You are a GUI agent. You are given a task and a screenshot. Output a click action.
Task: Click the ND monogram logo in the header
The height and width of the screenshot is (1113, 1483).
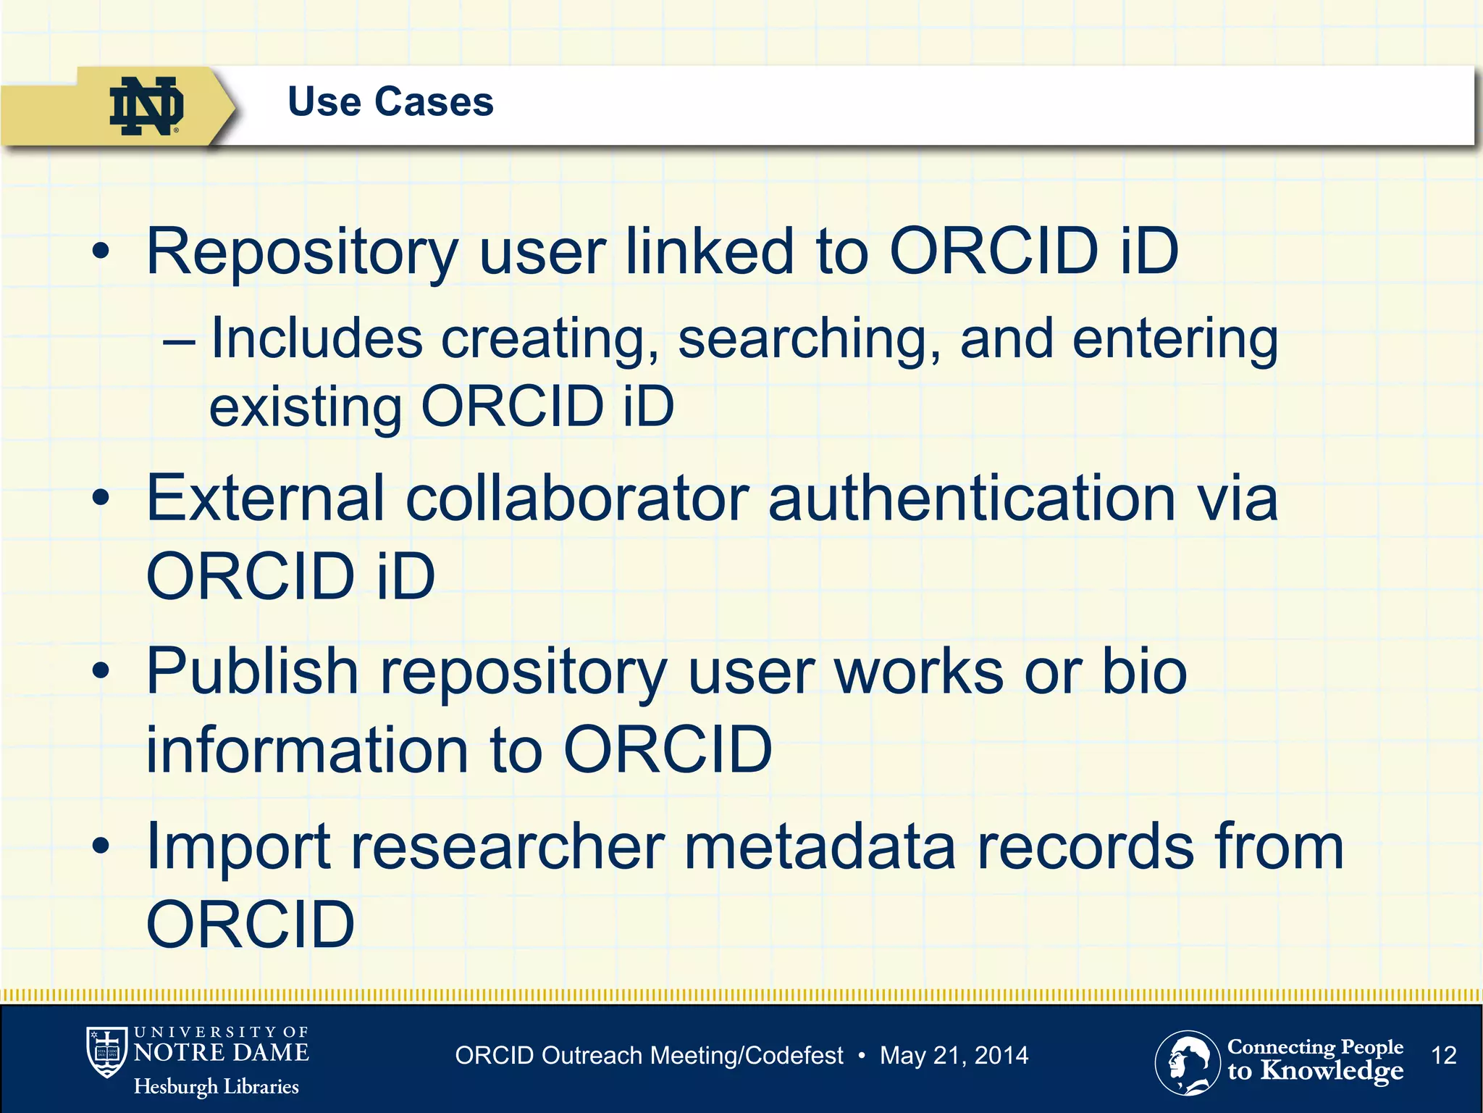[146, 106]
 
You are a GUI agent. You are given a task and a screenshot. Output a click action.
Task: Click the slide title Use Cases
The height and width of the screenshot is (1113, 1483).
[390, 101]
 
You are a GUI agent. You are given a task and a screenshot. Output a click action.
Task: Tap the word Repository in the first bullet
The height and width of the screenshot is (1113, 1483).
[302, 252]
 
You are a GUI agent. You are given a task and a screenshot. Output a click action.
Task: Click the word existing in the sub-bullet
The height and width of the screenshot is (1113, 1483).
[305, 407]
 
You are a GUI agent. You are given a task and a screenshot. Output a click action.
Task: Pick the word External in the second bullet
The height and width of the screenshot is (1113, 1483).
[265, 498]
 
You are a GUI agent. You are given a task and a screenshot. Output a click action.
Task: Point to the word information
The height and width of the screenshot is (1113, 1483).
[307, 749]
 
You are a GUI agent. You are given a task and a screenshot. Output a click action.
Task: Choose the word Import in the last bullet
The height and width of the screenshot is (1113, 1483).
[238, 848]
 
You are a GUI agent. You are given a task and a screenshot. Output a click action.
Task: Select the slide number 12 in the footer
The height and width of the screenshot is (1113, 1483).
[1444, 1055]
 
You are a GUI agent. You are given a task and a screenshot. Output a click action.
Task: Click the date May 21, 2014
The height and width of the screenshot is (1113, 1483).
[954, 1055]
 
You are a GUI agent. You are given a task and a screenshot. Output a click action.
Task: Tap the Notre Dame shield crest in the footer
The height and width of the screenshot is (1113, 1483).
[106, 1051]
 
